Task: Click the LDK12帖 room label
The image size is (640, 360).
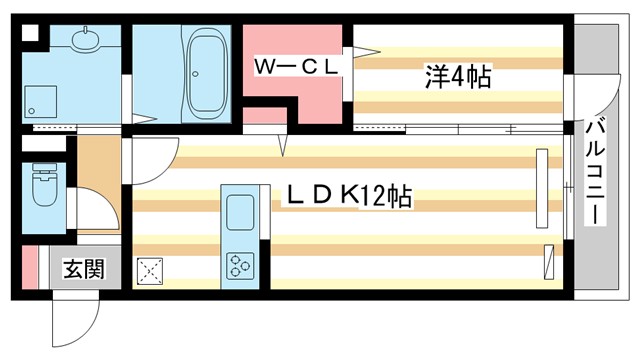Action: (x=350, y=196)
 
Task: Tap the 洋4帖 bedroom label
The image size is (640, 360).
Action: (x=457, y=76)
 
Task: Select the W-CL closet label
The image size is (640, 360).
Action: (x=297, y=66)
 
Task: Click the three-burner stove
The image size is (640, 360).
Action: (x=242, y=264)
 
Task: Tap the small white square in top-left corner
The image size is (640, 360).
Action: (x=29, y=31)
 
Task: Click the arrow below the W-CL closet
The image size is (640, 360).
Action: (x=283, y=146)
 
